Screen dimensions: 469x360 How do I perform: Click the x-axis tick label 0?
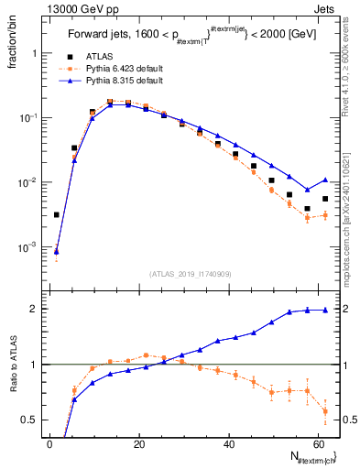[50, 444]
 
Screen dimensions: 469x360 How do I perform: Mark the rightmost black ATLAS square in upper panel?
[325, 199]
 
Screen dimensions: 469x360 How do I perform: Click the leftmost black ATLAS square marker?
[57, 215]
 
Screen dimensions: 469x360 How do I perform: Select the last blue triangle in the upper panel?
[325, 180]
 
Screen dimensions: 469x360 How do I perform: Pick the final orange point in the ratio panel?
[325, 411]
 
